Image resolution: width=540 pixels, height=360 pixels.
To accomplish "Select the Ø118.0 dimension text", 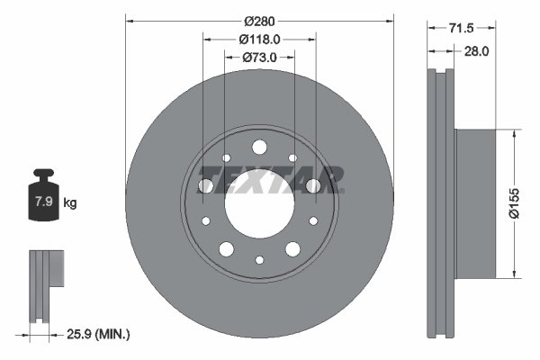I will pos(260,39).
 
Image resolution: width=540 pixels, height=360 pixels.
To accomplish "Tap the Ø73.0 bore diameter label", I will pos(259,57).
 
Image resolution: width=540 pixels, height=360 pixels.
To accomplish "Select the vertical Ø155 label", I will pos(514,202).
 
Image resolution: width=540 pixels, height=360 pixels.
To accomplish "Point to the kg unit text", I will pos(70,203).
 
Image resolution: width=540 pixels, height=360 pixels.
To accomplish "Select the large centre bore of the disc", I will pos(259,202).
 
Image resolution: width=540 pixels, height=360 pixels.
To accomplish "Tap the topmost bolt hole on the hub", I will pos(259,147).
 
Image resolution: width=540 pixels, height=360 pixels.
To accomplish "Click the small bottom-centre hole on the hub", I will pos(259,259).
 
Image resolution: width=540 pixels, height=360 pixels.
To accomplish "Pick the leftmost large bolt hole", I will pos(206,185).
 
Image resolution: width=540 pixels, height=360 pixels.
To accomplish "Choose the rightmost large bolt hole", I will pos(313,185).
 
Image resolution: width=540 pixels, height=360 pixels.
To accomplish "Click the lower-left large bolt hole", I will pos(226,248).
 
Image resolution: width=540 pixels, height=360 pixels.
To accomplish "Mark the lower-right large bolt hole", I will pos(292,248).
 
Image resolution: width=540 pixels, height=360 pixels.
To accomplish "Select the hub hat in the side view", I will pos(473,202).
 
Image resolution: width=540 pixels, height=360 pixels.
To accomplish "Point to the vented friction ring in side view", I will pos(441,202).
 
